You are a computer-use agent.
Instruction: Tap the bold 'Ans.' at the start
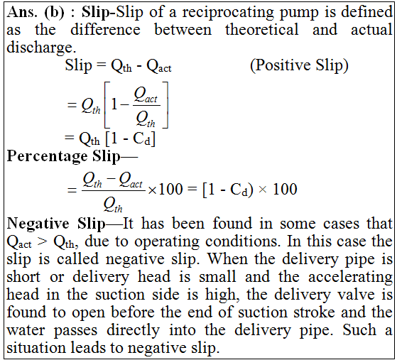pos(22,12)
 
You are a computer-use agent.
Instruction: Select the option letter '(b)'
pos(54,13)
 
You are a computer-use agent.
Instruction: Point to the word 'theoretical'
pos(262,29)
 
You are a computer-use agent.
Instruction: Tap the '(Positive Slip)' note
pos(299,65)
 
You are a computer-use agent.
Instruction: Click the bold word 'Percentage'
pos(47,157)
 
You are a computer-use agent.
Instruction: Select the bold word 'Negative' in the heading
pos(38,224)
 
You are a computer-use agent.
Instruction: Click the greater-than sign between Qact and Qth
pos(43,242)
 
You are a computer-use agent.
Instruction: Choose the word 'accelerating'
pos(350,278)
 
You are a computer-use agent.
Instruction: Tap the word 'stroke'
pos(314,312)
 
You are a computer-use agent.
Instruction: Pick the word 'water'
pos(26,331)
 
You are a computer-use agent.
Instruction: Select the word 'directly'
pos(134,331)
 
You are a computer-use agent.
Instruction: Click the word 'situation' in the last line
pos(36,348)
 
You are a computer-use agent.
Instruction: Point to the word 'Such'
pos(359,330)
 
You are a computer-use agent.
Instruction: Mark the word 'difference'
pos(105,29)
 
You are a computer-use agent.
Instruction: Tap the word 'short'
pos(23,277)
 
